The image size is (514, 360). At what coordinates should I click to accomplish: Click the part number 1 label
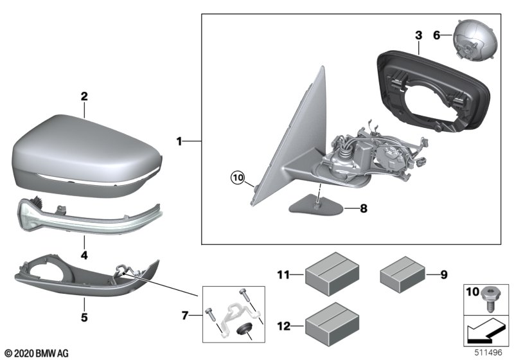pyautogui.click(x=181, y=139)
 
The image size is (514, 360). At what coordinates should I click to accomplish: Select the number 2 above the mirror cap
pyautogui.click(x=84, y=96)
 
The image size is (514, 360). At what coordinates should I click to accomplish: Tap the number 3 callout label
pyautogui.click(x=418, y=33)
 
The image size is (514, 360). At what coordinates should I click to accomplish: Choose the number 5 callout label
pyautogui.click(x=84, y=318)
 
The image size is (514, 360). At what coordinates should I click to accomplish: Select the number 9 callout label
pyautogui.click(x=443, y=276)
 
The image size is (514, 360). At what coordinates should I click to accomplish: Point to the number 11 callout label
pyautogui.click(x=283, y=276)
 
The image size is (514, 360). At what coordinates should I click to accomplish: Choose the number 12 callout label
pyautogui.click(x=283, y=326)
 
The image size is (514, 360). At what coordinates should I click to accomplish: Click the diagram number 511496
pyautogui.click(x=490, y=352)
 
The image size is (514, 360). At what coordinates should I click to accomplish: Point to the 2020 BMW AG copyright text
pyautogui.click(x=36, y=353)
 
